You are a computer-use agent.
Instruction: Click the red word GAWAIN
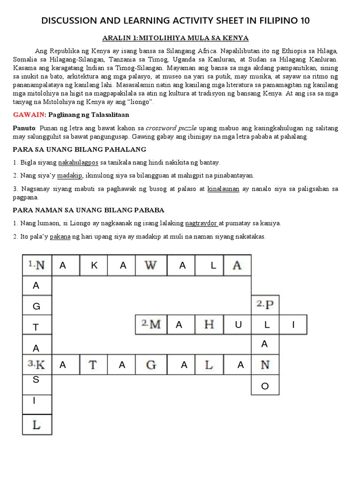point(27,115)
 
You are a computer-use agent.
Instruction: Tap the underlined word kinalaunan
point(223,189)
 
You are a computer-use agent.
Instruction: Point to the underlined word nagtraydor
point(202,224)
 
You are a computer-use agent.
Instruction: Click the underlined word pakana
point(60,237)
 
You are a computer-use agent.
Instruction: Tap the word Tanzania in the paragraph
point(142,60)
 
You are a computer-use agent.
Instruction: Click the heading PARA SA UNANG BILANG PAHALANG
point(80,150)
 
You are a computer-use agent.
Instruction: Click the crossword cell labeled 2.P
point(265,305)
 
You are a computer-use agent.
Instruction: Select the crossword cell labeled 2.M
point(151,324)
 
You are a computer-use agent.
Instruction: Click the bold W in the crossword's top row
point(151,265)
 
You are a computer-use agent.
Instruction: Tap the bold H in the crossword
point(209,324)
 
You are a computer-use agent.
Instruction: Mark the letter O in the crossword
point(265,385)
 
